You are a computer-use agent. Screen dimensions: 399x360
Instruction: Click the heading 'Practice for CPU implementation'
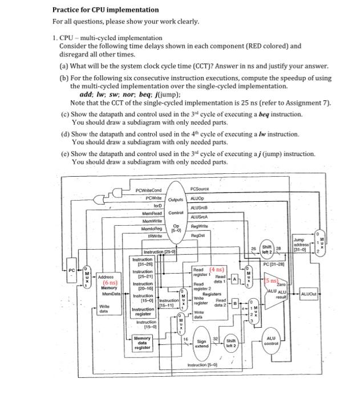(x=106, y=10)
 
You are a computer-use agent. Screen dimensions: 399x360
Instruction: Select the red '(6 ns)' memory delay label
(x=110, y=282)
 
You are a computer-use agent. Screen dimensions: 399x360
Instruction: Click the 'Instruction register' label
(x=143, y=312)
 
